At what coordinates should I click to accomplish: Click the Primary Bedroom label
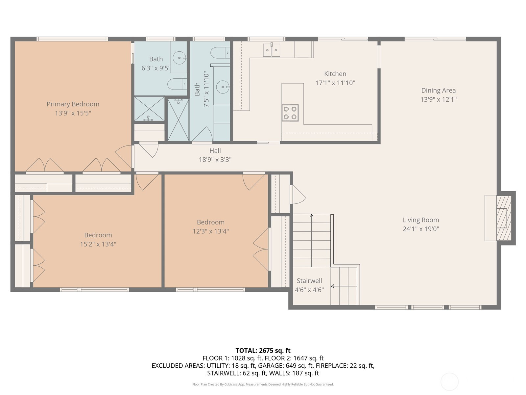pyautogui.click(x=73, y=104)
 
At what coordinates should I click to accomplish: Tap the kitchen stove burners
pyautogui.click(x=290, y=113)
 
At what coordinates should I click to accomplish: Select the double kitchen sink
pyautogui.click(x=272, y=50)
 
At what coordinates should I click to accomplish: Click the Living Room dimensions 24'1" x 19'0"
pyautogui.click(x=421, y=229)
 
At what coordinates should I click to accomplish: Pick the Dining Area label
pyautogui.click(x=439, y=91)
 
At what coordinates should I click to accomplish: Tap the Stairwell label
pyautogui.click(x=309, y=280)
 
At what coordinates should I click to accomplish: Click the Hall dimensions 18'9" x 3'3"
pyautogui.click(x=215, y=160)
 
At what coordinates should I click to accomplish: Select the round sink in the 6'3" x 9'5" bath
pyautogui.click(x=179, y=58)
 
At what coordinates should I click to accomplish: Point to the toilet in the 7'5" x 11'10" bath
pyautogui.click(x=220, y=53)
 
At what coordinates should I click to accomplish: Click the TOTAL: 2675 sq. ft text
pyautogui.click(x=263, y=351)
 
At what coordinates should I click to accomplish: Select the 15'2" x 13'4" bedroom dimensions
pyautogui.click(x=98, y=244)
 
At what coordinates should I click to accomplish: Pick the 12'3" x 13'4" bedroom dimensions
pyautogui.click(x=211, y=231)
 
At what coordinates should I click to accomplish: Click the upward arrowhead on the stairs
pyautogui.click(x=312, y=216)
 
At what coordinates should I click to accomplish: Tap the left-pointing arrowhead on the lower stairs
pyautogui.click(x=332, y=286)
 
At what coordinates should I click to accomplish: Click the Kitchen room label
pyautogui.click(x=335, y=74)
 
